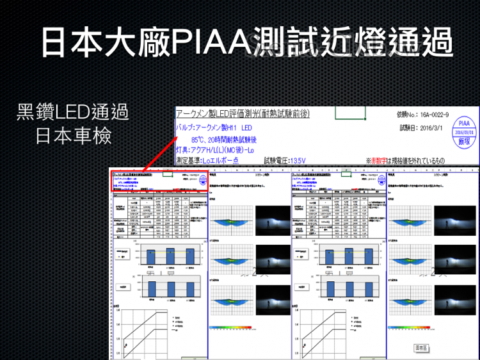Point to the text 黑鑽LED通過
coord(72,113)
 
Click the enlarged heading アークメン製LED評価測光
coord(243,113)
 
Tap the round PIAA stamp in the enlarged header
coord(463,131)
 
